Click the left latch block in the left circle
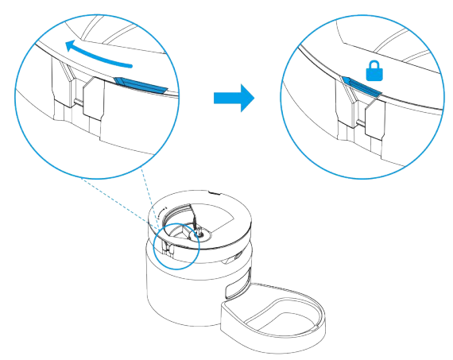tap(64, 87)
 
